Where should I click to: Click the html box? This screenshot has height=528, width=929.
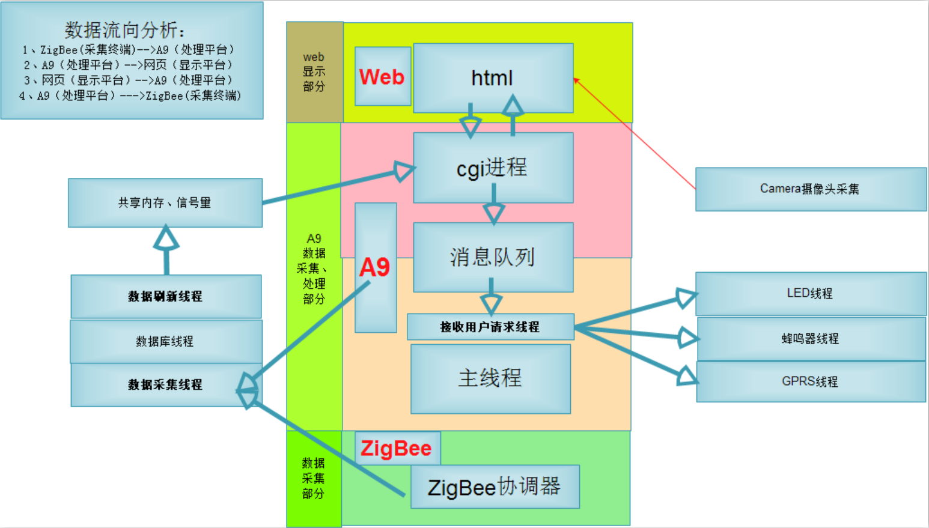tap(493, 77)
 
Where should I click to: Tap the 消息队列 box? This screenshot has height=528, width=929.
tap(493, 257)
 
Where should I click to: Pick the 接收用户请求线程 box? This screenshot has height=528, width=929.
tap(490, 327)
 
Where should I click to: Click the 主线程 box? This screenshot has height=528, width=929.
tap(490, 378)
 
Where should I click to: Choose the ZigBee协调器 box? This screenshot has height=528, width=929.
tap(495, 487)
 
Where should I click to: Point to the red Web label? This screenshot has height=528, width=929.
tap(382, 77)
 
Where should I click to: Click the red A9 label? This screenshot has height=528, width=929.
tap(374, 267)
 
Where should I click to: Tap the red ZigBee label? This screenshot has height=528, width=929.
tap(396, 448)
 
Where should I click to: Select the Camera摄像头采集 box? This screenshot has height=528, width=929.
tap(810, 189)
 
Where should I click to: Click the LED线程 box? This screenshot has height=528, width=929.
tap(810, 293)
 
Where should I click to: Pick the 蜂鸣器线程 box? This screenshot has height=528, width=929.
tap(810, 339)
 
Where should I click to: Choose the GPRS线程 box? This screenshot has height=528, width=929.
tap(810, 381)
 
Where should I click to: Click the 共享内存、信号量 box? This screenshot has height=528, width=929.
tap(165, 203)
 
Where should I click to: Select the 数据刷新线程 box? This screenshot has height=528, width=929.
tap(165, 296)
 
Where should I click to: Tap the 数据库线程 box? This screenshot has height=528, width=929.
tap(165, 341)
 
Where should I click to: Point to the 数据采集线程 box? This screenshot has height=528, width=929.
tap(165, 384)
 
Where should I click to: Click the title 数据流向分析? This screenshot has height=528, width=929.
tap(124, 29)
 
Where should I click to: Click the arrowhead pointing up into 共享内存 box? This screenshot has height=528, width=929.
tap(166, 238)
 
